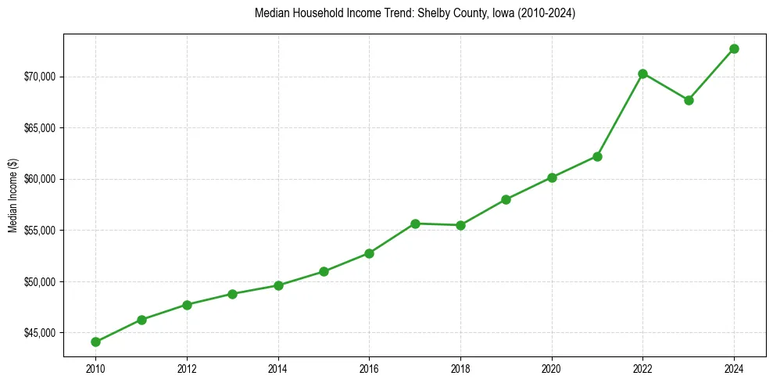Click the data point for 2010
tap(95, 342)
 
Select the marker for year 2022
tap(642, 73)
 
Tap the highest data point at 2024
tap(734, 48)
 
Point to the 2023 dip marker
tap(689, 100)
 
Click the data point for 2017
tap(415, 224)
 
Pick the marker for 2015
tap(324, 271)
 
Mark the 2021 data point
tap(597, 156)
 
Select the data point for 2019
tap(506, 199)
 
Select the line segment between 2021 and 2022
tap(620, 115)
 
